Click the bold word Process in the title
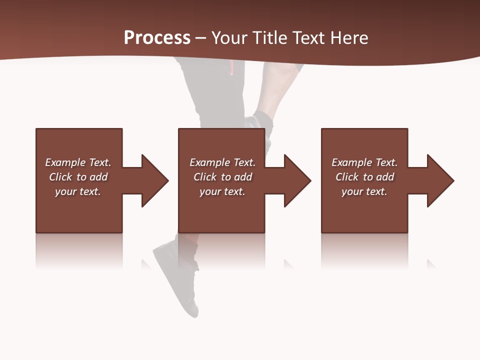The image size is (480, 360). click(157, 38)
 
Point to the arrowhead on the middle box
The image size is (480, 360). click(297, 180)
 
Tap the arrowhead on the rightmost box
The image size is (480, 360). click(440, 180)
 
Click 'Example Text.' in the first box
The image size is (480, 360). click(78, 162)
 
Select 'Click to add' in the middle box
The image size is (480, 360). click(222, 177)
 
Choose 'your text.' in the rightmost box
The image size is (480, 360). click(364, 191)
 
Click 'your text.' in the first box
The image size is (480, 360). click(78, 191)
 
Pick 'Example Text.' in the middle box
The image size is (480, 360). click(222, 162)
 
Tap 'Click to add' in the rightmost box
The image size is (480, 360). click(364, 177)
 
